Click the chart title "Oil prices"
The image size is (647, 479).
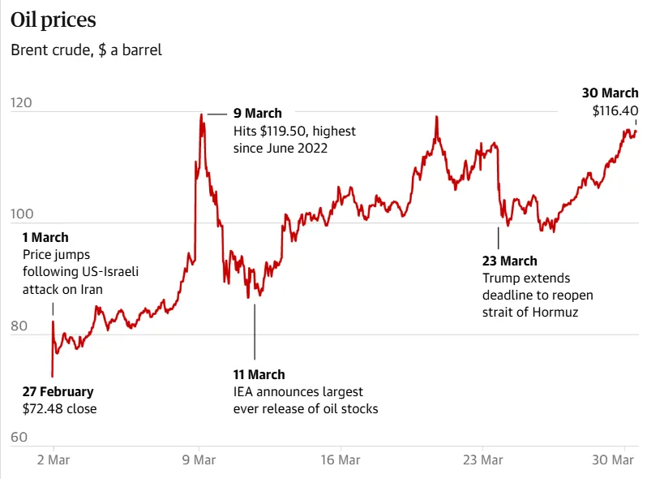click(54, 20)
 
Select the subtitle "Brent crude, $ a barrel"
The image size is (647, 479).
click(86, 50)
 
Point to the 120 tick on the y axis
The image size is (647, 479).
click(21, 102)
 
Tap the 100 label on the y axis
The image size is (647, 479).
click(22, 214)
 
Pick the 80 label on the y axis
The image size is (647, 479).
click(19, 326)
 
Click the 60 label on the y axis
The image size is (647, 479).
click(19, 437)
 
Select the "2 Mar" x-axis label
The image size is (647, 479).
click(54, 460)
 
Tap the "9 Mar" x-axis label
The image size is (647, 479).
click(199, 460)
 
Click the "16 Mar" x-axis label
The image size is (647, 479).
click(341, 460)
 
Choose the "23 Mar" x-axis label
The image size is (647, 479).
click(482, 460)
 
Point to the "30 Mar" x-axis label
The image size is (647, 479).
click(613, 460)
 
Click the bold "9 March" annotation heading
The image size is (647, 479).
click(258, 113)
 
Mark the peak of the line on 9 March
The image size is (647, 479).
click(201, 114)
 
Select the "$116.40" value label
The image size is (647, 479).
click(615, 110)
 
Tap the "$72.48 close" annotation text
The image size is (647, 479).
click(59, 408)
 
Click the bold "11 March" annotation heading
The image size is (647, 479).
click(259, 374)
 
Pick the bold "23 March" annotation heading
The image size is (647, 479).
click(510, 261)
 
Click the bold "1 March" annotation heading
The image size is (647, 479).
click(45, 237)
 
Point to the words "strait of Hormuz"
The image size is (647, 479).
click(530, 312)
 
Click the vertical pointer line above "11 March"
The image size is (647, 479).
click(255, 332)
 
